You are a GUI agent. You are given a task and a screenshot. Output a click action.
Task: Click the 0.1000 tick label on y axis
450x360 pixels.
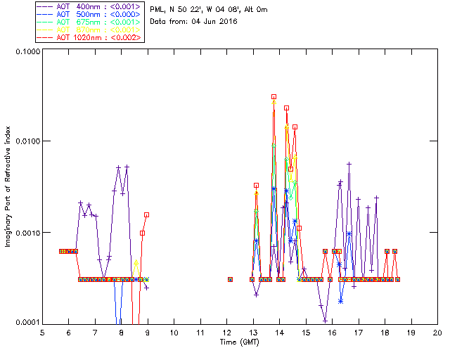point(27,52)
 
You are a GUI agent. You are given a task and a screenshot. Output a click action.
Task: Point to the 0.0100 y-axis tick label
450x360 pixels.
point(27,141)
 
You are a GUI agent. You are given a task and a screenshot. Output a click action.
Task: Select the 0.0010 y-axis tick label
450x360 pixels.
point(27,232)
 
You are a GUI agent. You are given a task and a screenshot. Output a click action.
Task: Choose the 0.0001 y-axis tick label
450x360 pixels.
point(27,322)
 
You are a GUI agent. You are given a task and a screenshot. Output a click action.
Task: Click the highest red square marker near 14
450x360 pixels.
point(274,96)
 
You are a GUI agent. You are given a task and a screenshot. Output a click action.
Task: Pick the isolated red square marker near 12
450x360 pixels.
point(230,279)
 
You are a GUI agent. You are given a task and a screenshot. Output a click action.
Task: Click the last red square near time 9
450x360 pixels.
point(146,214)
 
